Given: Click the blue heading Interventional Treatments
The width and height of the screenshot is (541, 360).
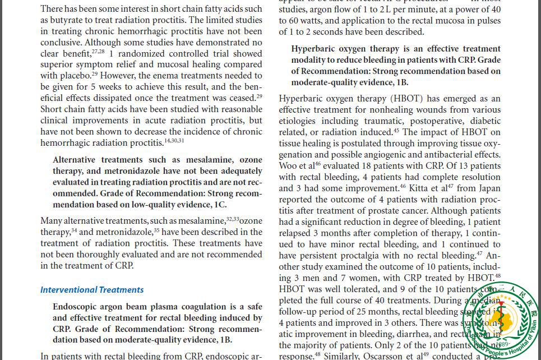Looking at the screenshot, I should click(x=92, y=290).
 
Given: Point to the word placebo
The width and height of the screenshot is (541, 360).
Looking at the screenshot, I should click(x=73, y=76).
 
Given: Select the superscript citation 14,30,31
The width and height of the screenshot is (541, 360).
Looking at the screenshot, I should click(x=174, y=141).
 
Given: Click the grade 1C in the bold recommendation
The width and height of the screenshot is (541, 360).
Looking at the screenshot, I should click(x=220, y=205).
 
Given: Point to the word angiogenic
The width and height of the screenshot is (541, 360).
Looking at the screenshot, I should click(x=403, y=155).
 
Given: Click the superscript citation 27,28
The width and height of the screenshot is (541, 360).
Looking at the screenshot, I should click(x=98, y=52).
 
